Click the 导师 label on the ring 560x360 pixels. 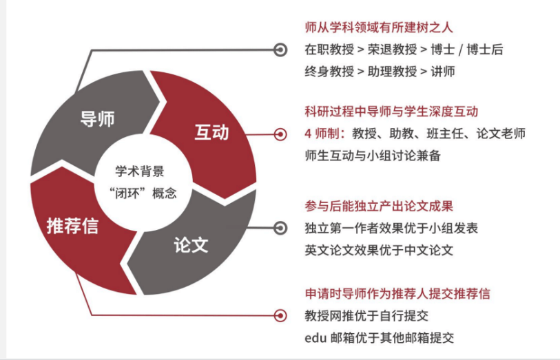pyautogui.click(x=97, y=119)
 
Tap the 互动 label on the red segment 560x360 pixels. pyautogui.click(x=211, y=132)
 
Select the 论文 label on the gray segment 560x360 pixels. pyautogui.click(x=191, y=245)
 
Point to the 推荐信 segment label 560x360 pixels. pyautogui.click(x=72, y=226)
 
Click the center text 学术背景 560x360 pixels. pyautogui.click(x=140, y=171)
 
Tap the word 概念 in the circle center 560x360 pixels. pyautogui.click(x=165, y=193)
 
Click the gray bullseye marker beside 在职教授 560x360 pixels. pyautogui.click(x=280, y=50)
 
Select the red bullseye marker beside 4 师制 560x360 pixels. pyautogui.click(x=280, y=134)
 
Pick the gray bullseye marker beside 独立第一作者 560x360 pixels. pyautogui.click(x=280, y=228)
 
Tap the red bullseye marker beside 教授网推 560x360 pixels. pyautogui.click(x=280, y=316)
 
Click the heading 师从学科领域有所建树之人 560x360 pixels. pyautogui.click(x=379, y=28)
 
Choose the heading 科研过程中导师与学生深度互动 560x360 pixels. pyautogui.click(x=391, y=112)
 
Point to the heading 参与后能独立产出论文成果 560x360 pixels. pyautogui.click(x=379, y=207)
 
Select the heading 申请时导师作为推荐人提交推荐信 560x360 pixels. pyautogui.click(x=397, y=294)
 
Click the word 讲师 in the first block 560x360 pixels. pyautogui.click(x=443, y=72)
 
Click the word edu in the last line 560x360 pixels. pyautogui.click(x=315, y=338)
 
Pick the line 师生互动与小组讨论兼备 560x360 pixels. pyautogui.click(x=373, y=156)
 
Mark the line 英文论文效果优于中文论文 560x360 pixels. pyautogui.click(x=379, y=250)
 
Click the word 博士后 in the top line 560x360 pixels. pyautogui.click(x=485, y=50)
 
